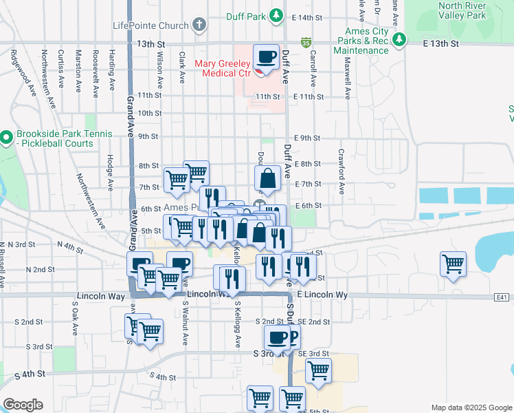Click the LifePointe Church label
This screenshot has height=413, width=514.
coord(150,26)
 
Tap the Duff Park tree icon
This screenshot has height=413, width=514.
coord(276,15)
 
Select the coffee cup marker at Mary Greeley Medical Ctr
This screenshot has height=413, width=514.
coord(265,57)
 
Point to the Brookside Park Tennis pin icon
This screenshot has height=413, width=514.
coord(6,137)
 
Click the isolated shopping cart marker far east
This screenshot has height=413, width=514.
coord(454,264)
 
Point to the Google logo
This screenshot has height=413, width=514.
coord(23,405)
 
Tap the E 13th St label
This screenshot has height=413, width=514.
coord(440,44)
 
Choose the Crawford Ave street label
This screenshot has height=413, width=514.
coord(340,171)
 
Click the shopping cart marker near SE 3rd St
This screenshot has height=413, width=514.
coord(318,370)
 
